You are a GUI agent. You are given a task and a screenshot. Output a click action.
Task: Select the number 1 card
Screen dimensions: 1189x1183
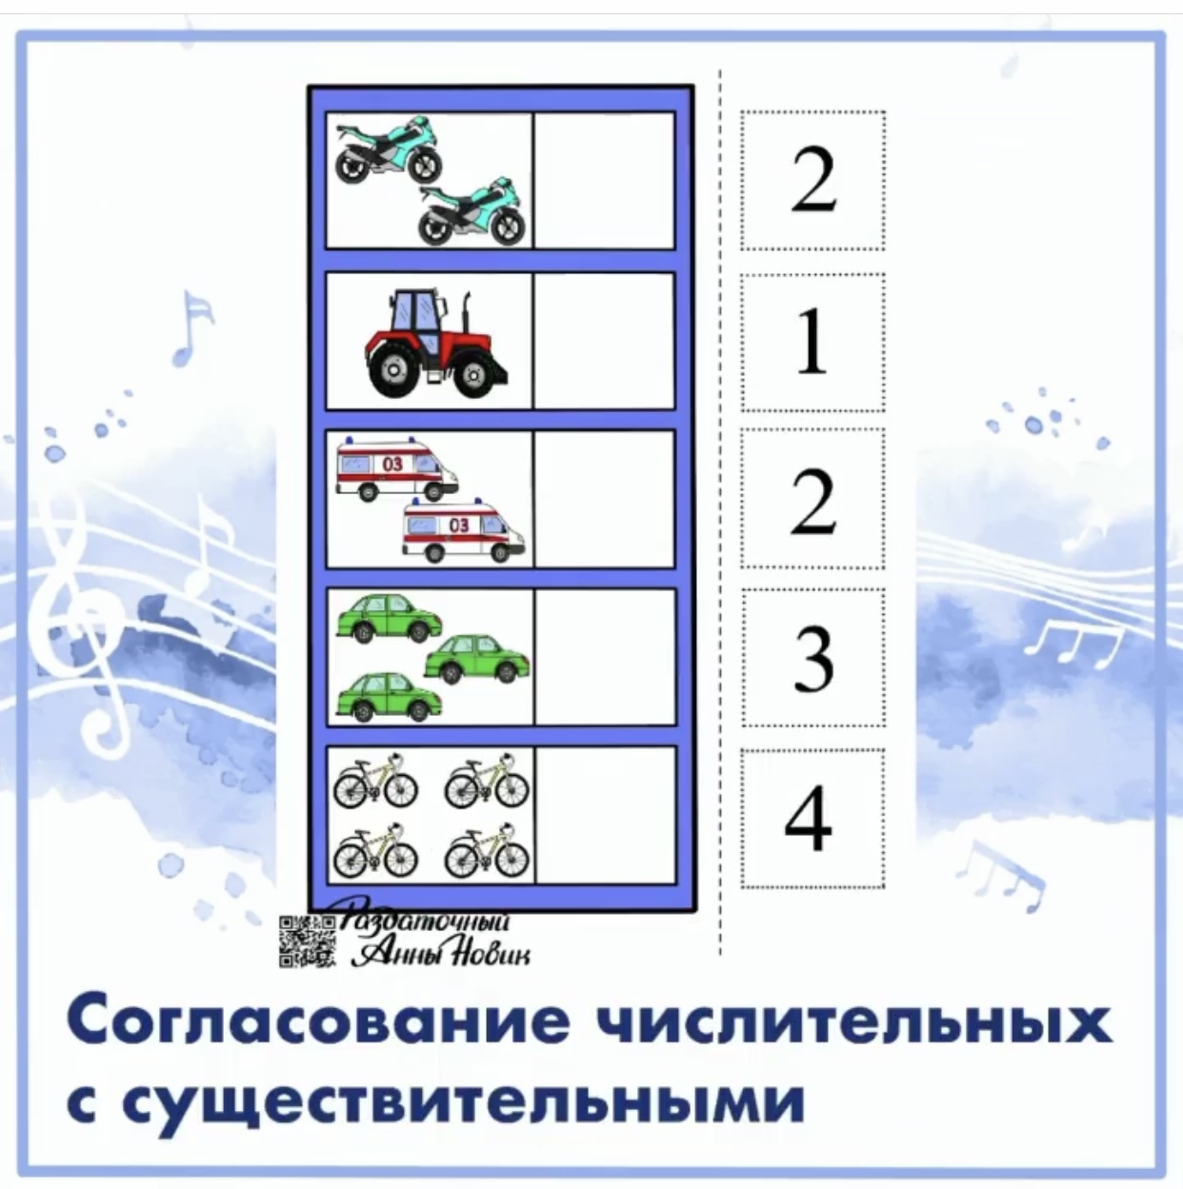pyautogui.click(x=812, y=343)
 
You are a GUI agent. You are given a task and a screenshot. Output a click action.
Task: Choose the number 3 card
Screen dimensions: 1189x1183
pyautogui.click(x=812, y=658)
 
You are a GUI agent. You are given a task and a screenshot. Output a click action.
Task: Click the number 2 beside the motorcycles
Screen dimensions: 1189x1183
pyautogui.click(x=812, y=181)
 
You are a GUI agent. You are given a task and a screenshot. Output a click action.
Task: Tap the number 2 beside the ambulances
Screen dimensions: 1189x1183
pyautogui.click(x=812, y=501)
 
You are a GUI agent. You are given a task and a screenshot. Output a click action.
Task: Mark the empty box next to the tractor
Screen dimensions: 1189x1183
pyautogui.click(x=604, y=341)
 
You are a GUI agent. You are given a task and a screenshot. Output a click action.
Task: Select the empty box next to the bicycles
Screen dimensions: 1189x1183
pyautogui.click(x=604, y=815)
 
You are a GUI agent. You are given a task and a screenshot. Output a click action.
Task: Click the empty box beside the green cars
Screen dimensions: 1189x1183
pyautogui.click(x=604, y=657)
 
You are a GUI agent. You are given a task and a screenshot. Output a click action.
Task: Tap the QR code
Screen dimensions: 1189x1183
pyautogui.click(x=307, y=941)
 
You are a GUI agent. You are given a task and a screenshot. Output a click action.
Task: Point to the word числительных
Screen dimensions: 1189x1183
pyautogui.click(x=852, y=1021)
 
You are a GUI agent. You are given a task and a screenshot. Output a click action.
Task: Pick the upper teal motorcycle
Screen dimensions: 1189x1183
pyautogui.click(x=389, y=150)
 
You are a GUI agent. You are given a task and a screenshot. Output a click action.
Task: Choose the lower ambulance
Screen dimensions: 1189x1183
pyautogui.click(x=463, y=531)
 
